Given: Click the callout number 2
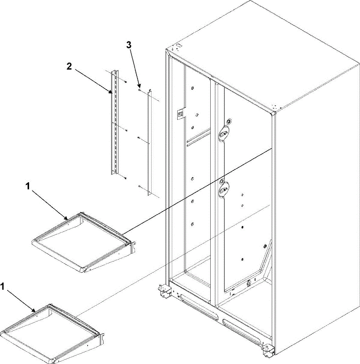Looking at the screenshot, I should coord(69,66).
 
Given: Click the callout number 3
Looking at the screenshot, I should coord(129,45).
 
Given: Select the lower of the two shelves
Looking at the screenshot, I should coord(53,334).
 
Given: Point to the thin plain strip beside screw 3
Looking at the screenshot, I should coord(149,143).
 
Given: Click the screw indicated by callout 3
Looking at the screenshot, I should coord(139,90).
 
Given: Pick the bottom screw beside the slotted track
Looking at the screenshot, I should coord(125,178).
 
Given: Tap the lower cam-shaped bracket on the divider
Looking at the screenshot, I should coord(224,189).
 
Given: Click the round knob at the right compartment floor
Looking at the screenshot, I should coord(249,283).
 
